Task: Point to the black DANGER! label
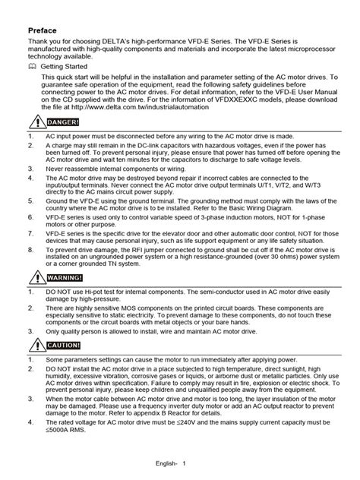tap(63, 122)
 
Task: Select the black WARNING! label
tap(65, 300)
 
